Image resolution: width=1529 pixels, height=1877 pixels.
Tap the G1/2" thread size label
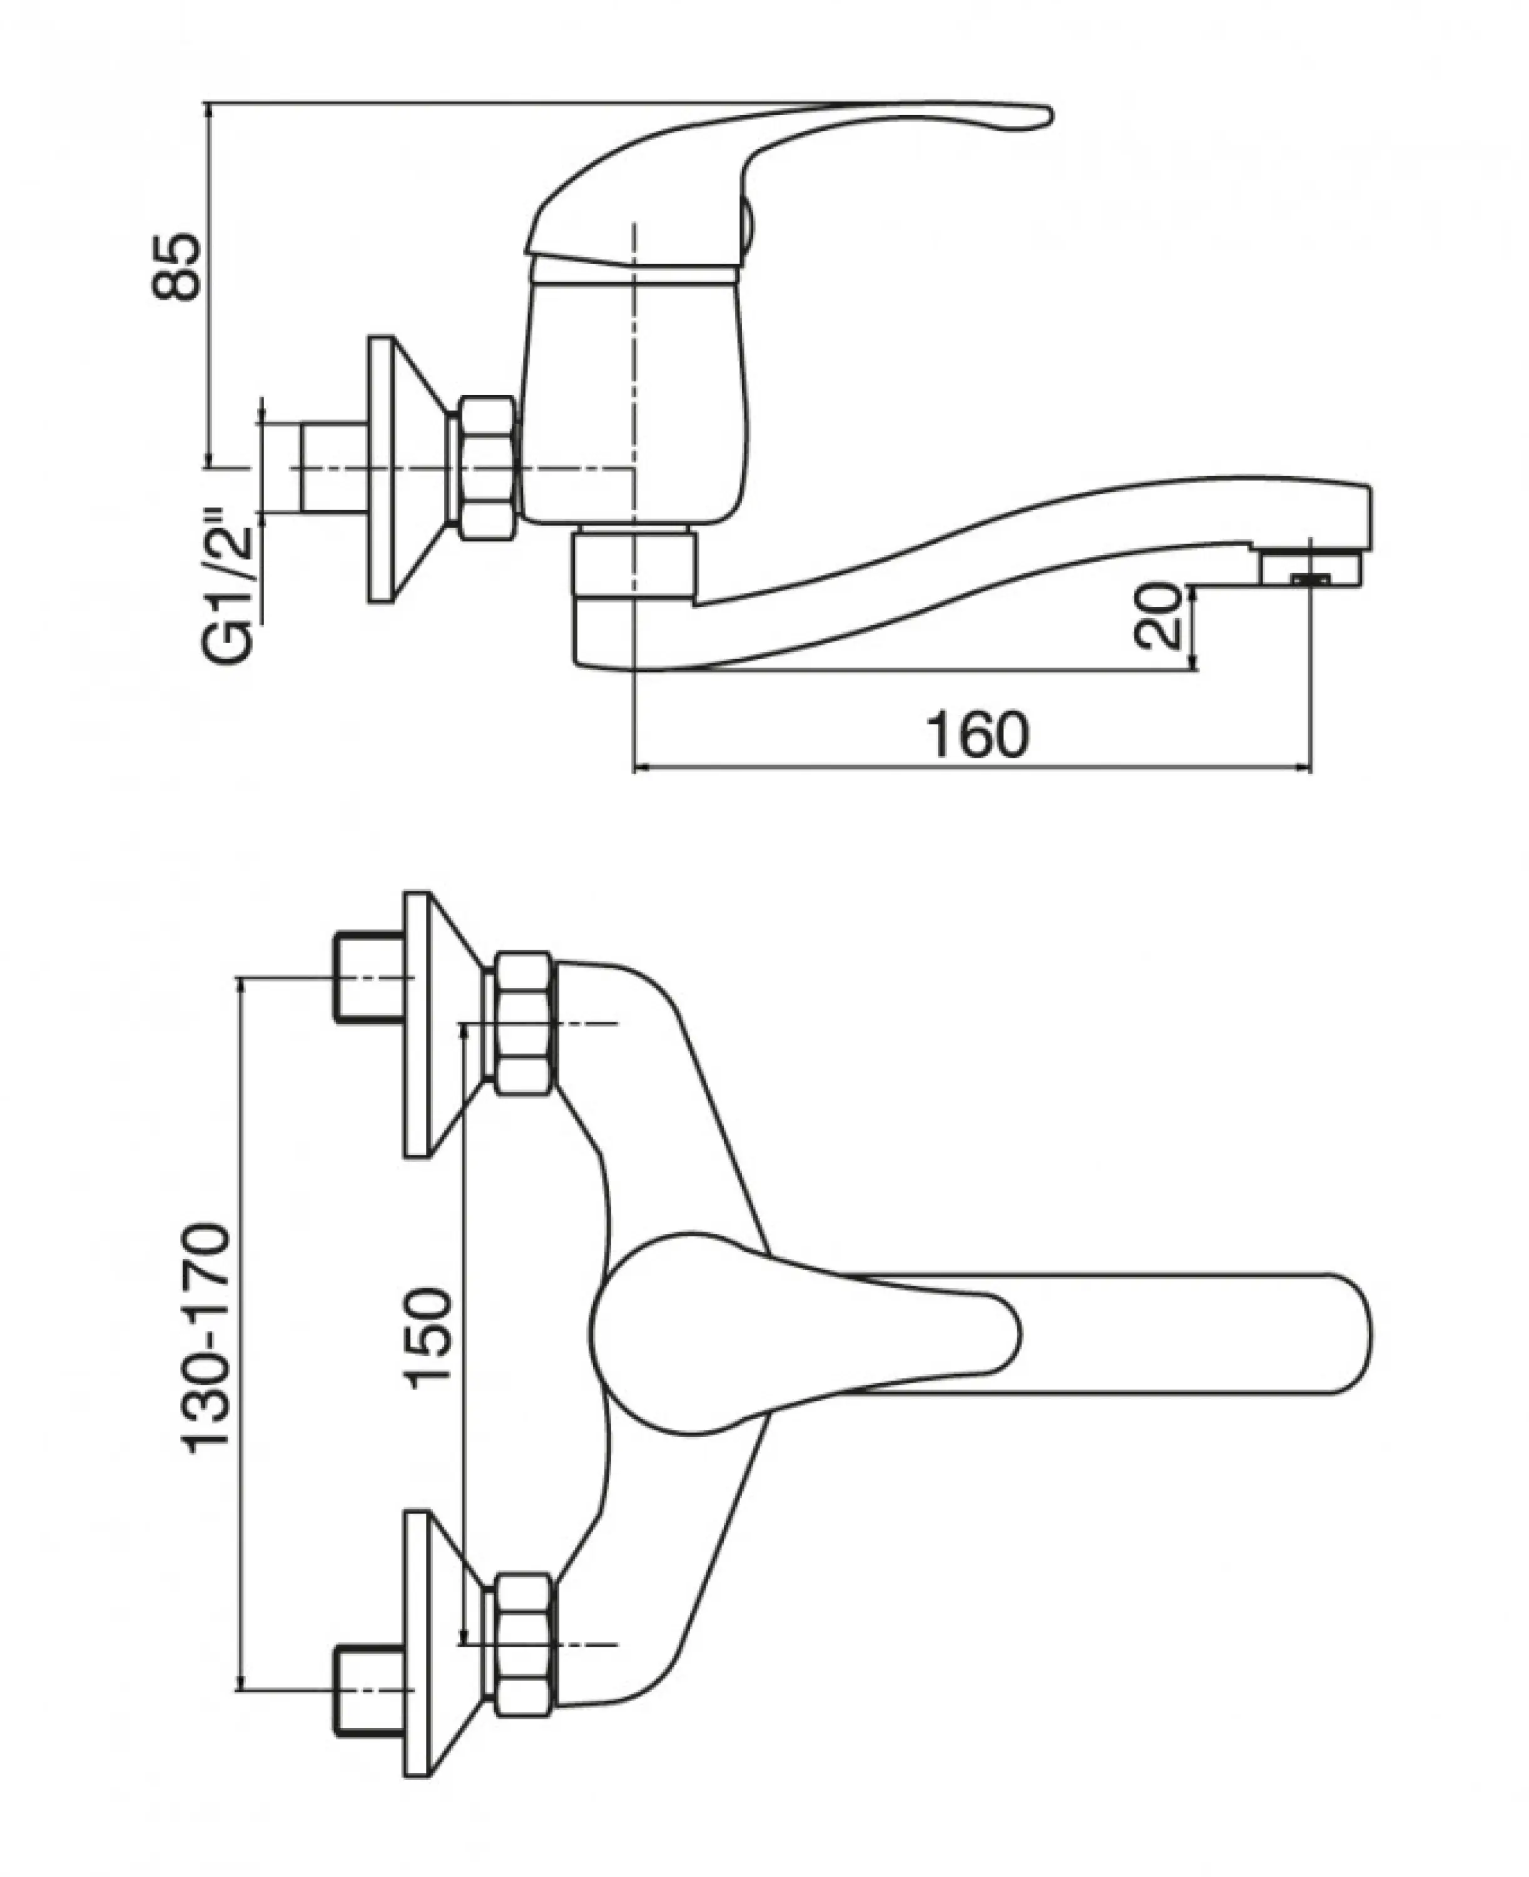click(230, 583)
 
